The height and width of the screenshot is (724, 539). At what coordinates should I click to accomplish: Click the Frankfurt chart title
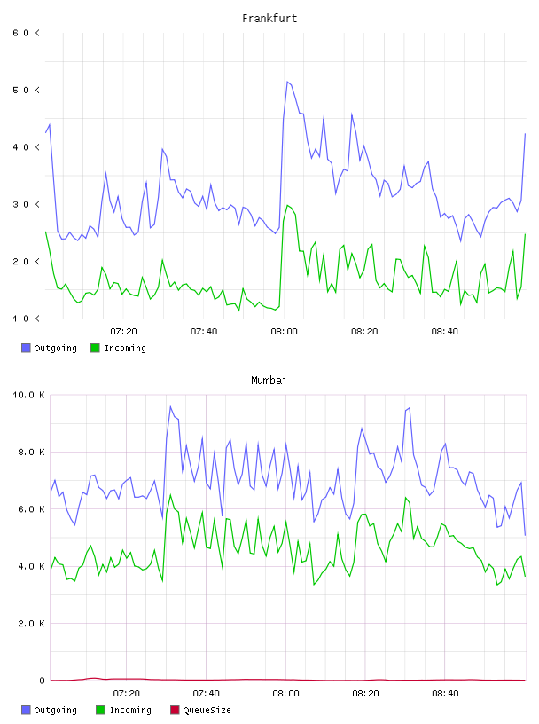pyautogui.click(x=269, y=19)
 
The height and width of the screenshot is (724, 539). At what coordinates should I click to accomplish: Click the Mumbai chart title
pyautogui.click(x=269, y=381)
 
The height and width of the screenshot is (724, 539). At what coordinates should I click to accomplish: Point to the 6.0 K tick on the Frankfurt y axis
pyautogui.click(x=26, y=33)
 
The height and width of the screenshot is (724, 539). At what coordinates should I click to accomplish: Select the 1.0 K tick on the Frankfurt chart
pyautogui.click(x=26, y=319)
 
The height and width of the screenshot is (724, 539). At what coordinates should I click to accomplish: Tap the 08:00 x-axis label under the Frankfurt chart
pyautogui.click(x=284, y=332)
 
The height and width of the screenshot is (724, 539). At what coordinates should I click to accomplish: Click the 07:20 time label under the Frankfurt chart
pyautogui.click(x=124, y=332)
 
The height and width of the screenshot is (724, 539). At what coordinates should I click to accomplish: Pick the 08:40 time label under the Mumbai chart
pyautogui.click(x=445, y=694)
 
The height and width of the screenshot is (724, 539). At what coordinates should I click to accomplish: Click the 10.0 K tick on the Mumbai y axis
pyautogui.click(x=28, y=395)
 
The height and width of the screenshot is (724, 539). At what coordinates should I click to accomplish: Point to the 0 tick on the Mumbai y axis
pyautogui.click(x=42, y=681)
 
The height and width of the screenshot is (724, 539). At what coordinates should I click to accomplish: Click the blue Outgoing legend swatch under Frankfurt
pyautogui.click(x=26, y=348)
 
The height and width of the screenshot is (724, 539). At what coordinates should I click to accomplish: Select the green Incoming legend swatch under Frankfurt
pyautogui.click(x=95, y=348)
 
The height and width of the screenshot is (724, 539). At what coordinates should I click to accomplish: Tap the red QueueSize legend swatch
pyautogui.click(x=175, y=710)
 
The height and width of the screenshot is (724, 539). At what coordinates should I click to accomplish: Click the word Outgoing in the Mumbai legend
pyautogui.click(x=55, y=710)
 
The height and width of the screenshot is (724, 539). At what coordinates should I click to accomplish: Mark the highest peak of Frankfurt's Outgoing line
pyautogui.click(x=287, y=82)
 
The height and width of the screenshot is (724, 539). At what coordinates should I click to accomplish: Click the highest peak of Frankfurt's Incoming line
pyautogui.click(x=287, y=206)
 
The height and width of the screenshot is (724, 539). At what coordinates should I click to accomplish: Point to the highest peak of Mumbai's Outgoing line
pyautogui.click(x=170, y=406)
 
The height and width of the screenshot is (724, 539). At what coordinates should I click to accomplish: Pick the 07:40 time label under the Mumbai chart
pyautogui.click(x=207, y=694)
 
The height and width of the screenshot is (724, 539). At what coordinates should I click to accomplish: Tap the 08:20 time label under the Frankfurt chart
pyautogui.click(x=364, y=332)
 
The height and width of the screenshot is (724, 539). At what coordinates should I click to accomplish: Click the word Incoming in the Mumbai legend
pyautogui.click(x=130, y=710)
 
